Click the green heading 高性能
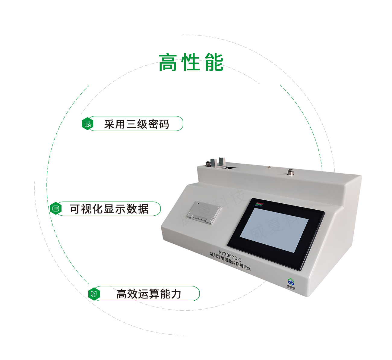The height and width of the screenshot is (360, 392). tap(191, 63)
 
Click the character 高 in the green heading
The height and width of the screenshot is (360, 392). tap(168, 63)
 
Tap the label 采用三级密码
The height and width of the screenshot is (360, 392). tap(137, 124)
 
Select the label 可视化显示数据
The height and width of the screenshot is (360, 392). tap(109, 209)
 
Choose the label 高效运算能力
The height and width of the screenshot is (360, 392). tap(149, 294)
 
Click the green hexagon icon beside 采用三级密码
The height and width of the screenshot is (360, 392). tap(87, 124)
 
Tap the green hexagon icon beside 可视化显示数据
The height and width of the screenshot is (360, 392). tap(55, 208)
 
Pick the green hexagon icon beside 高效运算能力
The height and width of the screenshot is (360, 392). tap(94, 294)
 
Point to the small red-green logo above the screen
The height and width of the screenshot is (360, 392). tap(259, 205)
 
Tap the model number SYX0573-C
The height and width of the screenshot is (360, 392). tap(230, 256)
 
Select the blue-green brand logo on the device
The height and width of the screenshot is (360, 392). tap(291, 283)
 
